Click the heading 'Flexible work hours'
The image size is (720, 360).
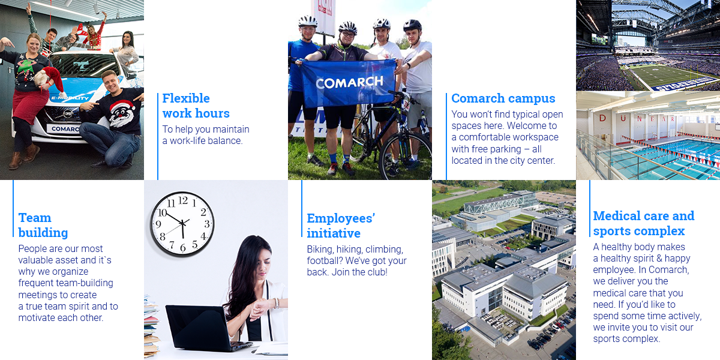pyautogui.click(x=196, y=106)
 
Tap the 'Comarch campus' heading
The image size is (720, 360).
pyautogui.click(x=503, y=98)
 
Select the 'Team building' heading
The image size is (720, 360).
pyautogui.click(x=43, y=225)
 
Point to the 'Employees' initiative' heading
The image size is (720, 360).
pyautogui.click(x=341, y=226)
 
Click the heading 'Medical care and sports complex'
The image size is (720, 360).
pyautogui.click(x=643, y=223)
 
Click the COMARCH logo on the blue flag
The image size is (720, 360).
pyautogui.click(x=349, y=82)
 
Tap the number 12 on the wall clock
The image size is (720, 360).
pyautogui.click(x=183, y=200)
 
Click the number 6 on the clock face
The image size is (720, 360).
pyautogui.click(x=183, y=247)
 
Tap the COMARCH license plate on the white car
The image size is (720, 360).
pyautogui.click(x=64, y=129)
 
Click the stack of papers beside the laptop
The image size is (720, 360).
pyautogui.click(x=151, y=326)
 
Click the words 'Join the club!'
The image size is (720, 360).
pyautogui.click(x=359, y=272)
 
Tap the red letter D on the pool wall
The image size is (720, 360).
pyautogui.click(x=602, y=118)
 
